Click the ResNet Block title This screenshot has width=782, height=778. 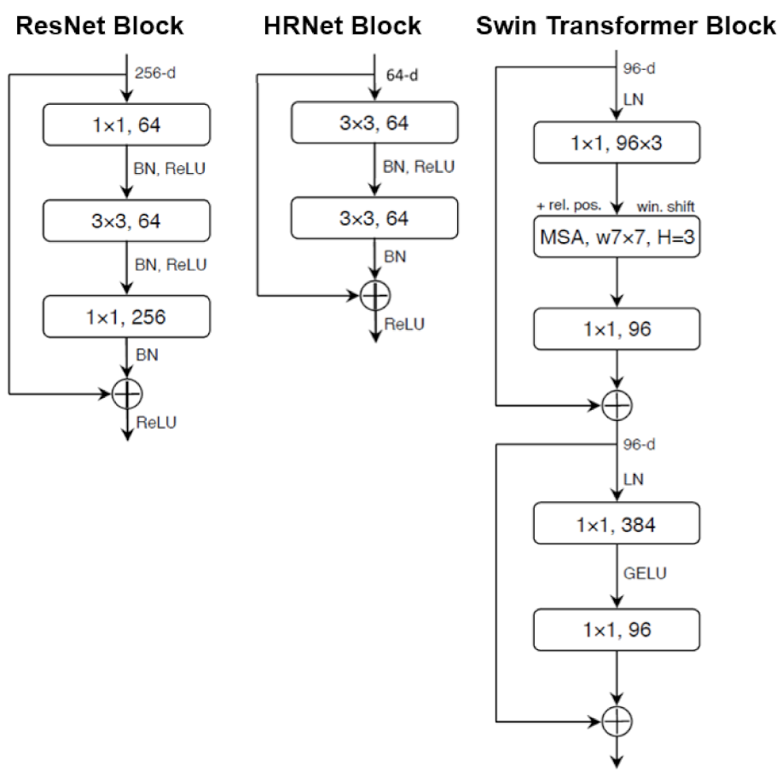coord(100,26)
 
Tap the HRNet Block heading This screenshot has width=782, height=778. coord(342,26)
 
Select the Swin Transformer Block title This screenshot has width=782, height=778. coord(625,26)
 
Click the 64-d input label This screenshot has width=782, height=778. coord(403,75)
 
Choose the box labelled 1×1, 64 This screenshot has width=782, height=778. coord(125,125)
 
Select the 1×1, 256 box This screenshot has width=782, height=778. coord(125,317)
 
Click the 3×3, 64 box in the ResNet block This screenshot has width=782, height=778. coord(125,222)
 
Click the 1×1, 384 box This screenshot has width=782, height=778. coord(616,524)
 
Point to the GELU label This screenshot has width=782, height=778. coord(645,573)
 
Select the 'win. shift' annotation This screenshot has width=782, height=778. coord(666,206)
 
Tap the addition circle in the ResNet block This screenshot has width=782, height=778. coord(127,393)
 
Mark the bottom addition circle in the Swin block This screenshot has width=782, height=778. coord(616,721)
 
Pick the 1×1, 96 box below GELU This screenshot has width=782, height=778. coord(616,631)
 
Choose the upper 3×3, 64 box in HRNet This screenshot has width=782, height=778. coord(374,124)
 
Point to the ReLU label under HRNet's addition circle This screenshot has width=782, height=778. coord(404,324)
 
